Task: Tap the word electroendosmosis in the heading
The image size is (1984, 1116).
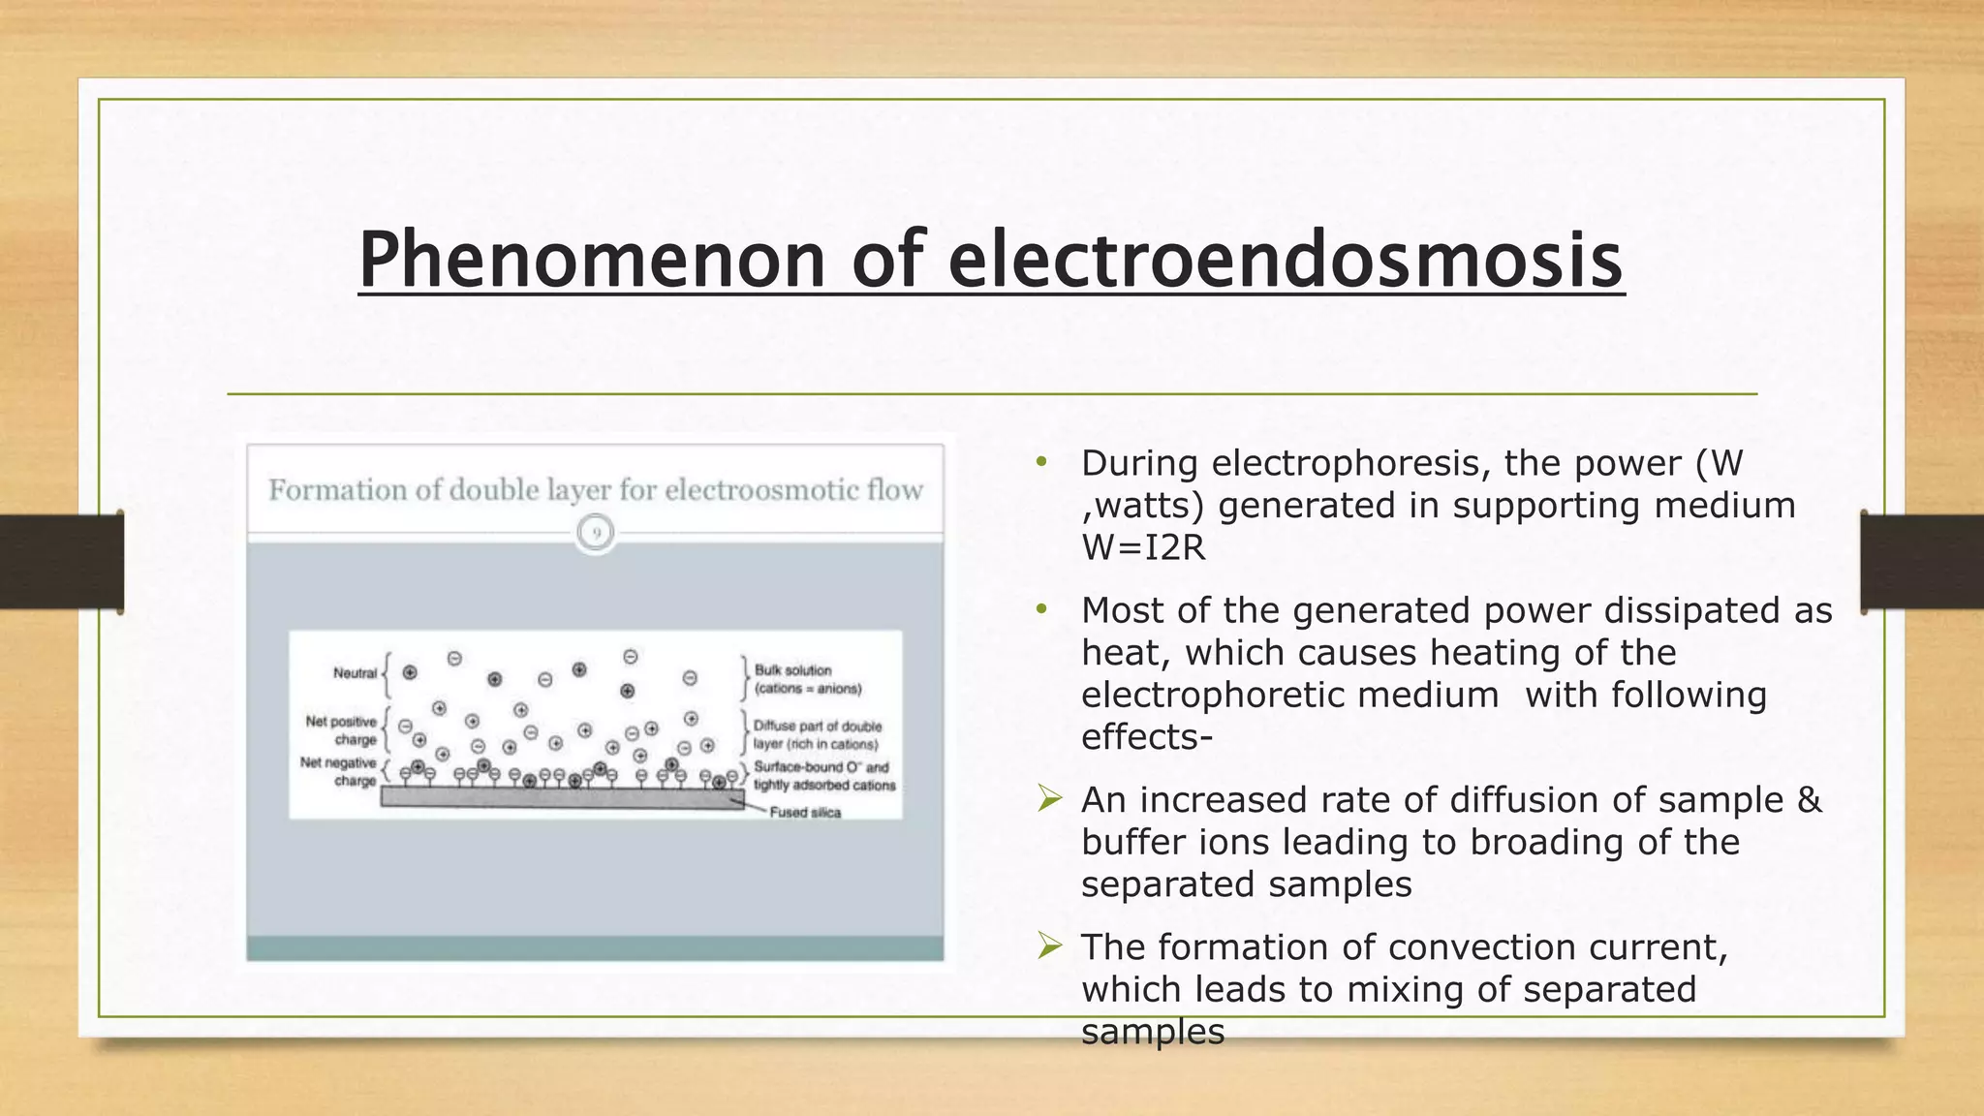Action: click(1286, 260)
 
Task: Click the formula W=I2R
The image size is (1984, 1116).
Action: click(1143, 548)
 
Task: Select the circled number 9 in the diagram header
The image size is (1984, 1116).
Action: click(596, 533)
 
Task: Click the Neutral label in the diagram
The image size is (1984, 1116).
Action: click(354, 673)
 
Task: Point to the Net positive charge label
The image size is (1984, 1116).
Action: click(341, 730)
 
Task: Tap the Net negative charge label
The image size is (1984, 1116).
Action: click(338, 771)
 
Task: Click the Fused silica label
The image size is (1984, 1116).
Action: click(805, 812)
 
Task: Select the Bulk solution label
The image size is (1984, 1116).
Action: click(792, 670)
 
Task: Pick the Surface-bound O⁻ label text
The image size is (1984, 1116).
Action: click(821, 766)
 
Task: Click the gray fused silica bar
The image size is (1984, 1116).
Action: click(562, 797)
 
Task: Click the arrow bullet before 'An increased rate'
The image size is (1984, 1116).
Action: click(1049, 799)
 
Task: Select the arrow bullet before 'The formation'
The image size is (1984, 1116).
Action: click(1049, 945)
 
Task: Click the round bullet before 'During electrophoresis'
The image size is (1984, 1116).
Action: click(1041, 463)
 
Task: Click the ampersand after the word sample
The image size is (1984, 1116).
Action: click(1809, 800)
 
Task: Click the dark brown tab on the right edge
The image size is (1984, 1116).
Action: click(1922, 562)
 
